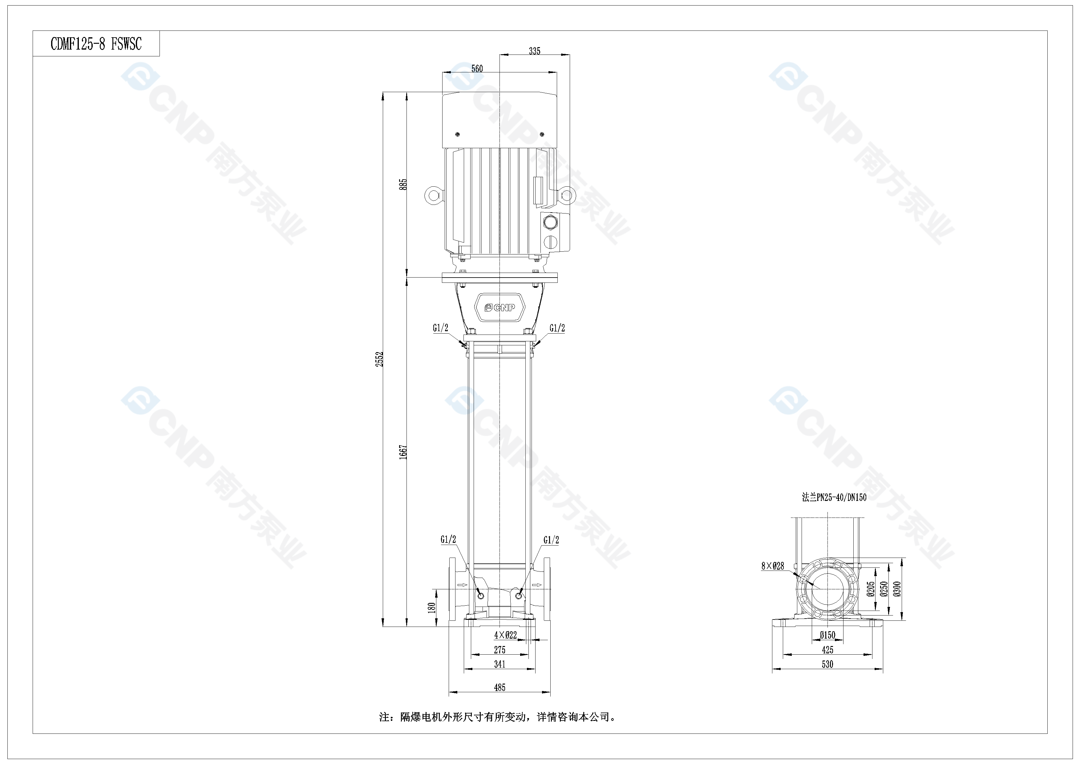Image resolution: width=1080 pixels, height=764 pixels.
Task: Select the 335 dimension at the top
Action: (x=534, y=51)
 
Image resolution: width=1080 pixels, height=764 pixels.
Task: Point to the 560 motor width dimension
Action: (x=477, y=69)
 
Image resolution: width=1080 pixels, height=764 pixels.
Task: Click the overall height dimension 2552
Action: (x=380, y=359)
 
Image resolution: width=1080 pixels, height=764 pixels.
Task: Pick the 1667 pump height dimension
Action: (x=403, y=452)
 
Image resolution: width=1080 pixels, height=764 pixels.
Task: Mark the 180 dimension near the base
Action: (x=432, y=608)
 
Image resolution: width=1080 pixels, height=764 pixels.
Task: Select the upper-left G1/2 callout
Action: (x=441, y=328)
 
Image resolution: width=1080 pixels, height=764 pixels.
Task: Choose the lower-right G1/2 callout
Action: (x=551, y=540)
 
